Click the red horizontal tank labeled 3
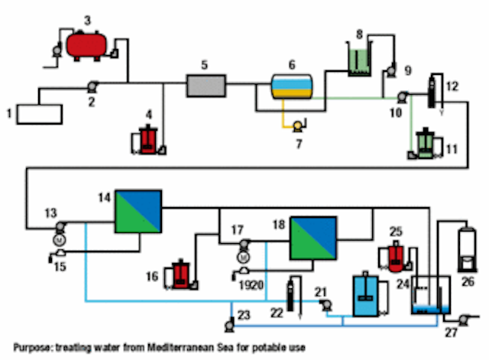click(86, 45)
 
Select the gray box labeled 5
click(206, 86)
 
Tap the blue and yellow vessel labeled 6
click(292, 86)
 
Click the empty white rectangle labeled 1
click(39, 115)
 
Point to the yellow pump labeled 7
click(298, 126)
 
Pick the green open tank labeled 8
click(359, 62)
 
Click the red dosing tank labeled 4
click(147, 141)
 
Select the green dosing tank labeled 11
click(425, 144)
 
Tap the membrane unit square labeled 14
click(138, 212)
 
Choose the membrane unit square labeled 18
click(313, 238)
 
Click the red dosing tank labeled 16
click(181, 274)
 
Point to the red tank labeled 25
click(396, 257)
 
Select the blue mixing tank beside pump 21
click(366, 295)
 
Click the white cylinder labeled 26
click(467, 249)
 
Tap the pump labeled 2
click(92, 86)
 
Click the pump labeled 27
click(465, 319)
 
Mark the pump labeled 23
click(230, 324)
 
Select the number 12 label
click(452, 86)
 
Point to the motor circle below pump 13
click(60, 240)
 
